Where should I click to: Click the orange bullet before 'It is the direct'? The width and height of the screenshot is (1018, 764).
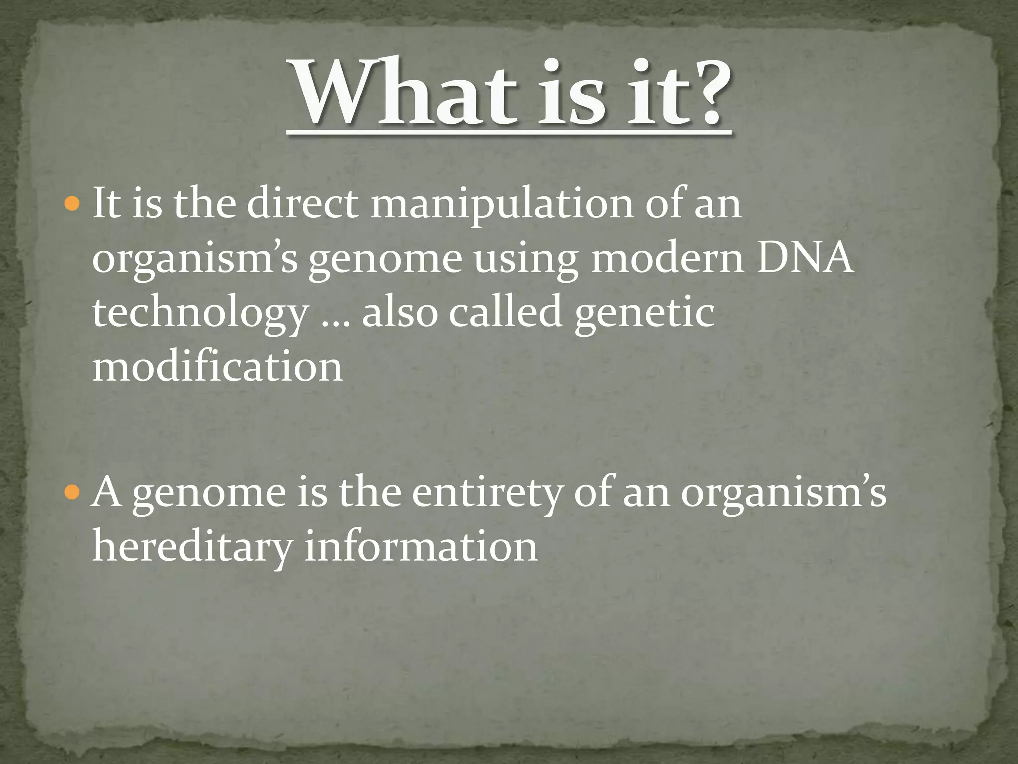pos(72,204)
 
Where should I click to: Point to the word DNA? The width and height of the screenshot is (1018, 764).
pos(805,259)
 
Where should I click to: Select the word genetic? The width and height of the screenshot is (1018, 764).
pos(644,313)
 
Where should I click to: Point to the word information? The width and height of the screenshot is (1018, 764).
pos(421,546)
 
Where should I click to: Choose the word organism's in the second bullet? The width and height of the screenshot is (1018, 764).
pos(783,494)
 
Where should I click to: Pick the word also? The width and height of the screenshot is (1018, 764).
pos(400,313)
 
